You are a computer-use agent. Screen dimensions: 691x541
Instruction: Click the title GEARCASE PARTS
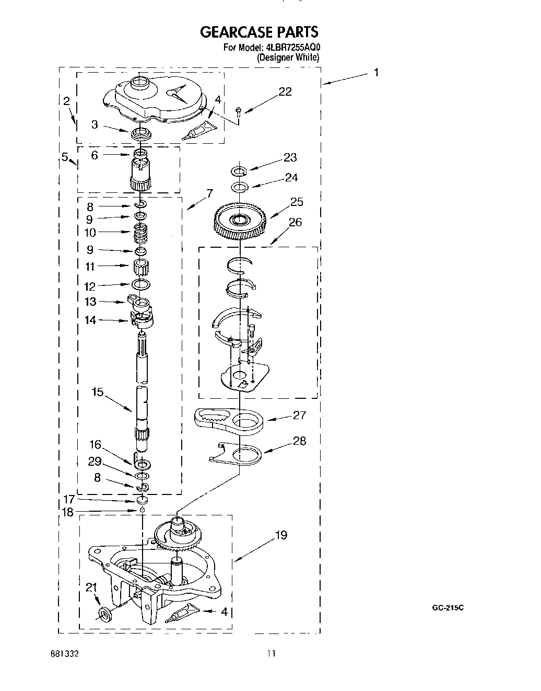tap(258, 33)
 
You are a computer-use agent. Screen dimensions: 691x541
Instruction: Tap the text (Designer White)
tap(288, 58)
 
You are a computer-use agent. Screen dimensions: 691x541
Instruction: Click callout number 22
tap(285, 92)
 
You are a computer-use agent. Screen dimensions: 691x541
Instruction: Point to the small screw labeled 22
tap(239, 110)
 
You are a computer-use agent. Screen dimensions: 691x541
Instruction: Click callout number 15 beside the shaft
tap(98, 392)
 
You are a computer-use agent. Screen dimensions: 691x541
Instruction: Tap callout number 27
tap(299, 415)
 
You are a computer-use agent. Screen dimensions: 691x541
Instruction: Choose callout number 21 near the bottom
tap(91, 588)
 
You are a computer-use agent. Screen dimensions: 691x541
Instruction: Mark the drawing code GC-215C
tap(448, 608)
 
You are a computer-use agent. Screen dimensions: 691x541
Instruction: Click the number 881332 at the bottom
tap(65, 653)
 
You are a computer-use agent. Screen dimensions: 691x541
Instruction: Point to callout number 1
tap(375, 73)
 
